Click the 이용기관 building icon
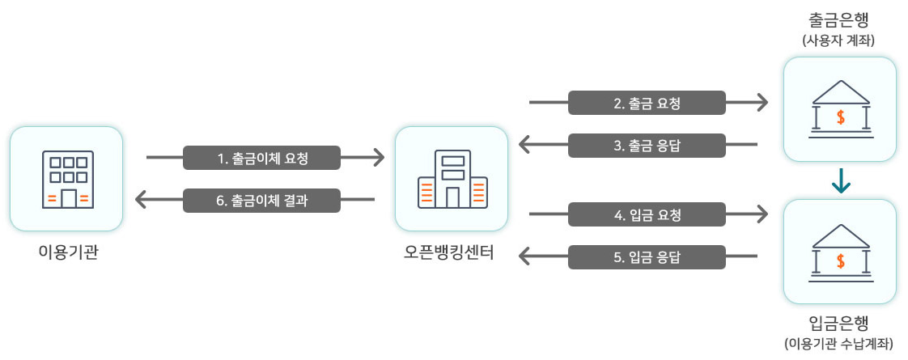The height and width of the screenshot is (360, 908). click(66, 179)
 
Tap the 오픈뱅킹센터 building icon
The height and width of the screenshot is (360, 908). click(452, 179)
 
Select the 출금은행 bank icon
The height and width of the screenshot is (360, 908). click(840, 108)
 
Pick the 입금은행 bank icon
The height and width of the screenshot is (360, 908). click(840, 252)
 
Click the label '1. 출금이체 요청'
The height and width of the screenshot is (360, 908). click(262, 158)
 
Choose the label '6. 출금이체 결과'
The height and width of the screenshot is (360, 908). click(262, 200)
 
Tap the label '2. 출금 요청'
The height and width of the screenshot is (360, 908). click(647, 103)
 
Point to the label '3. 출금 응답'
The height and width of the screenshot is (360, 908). click(647, 146)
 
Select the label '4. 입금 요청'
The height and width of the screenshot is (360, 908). click(647, 214)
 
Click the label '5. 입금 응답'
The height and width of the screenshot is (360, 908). click(647, 257)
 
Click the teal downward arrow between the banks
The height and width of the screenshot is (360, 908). click(841, 183)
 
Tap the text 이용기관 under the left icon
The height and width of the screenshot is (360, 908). click(66, 253)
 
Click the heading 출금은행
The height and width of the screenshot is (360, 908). click(839, 19)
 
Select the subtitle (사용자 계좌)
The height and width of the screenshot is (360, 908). click(839, 40)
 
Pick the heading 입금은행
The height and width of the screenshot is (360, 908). click(839, 325)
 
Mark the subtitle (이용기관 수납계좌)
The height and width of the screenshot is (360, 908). click(839, 345)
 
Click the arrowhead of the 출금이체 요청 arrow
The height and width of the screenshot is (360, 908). click(377, 158)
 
